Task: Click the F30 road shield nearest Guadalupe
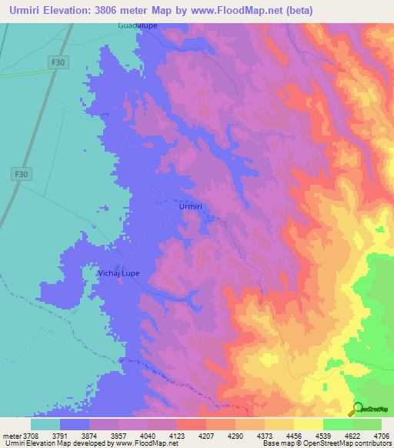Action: click(x=56, y=61)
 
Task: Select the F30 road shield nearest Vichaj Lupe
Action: click(x=22, y=175)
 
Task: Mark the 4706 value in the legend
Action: click(x=382, y=435)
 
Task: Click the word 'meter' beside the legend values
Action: click(x=13, y=435)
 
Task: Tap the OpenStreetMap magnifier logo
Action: click(x=357, y=408)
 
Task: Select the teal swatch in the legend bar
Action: click(x=45, y=424)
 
